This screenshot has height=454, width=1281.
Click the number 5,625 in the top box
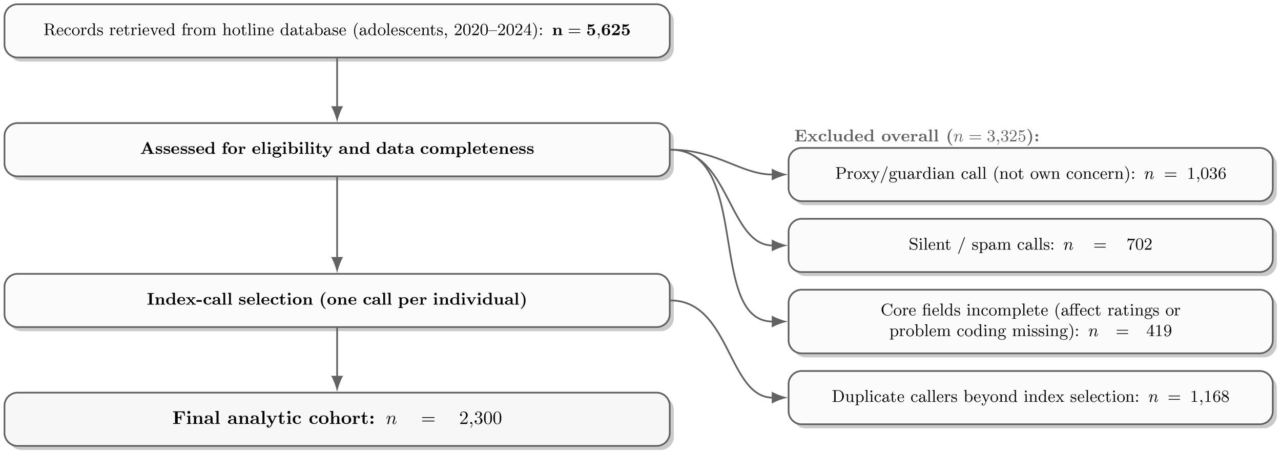[x=608, y=30]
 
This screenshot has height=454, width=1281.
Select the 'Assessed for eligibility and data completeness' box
[x=337, y=149]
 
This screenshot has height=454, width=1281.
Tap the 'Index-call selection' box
[x=337, y=300]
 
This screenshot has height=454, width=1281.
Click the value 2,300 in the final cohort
[x=480, y=419]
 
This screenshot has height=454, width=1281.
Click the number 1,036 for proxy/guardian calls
[x=1206, y=174]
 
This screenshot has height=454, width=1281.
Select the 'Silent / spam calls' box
[x=1030, y=245]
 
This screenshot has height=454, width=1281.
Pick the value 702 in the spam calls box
[x=1139, y=245]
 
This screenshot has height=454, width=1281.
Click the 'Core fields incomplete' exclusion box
[x=1030, y=321]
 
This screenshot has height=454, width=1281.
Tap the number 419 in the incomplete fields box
[x=1159, y=331]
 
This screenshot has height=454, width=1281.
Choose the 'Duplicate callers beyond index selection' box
[x=1030, y=397]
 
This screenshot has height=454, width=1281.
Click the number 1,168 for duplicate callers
[x=1209, y=397]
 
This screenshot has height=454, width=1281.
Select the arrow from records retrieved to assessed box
[x=337, y=90]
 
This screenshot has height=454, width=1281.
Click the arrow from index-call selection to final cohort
[x=337, y=359]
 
